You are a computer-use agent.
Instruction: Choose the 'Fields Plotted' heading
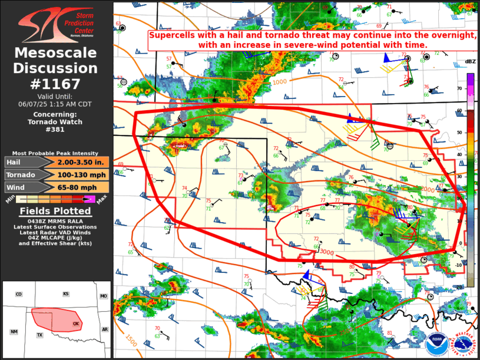coord(56,211)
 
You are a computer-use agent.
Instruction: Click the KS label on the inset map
coord(67,293)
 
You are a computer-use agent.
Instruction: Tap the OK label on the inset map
coord(75,323)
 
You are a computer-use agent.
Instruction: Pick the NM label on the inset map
coord(14,332)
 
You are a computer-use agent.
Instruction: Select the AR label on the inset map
coord(105,329)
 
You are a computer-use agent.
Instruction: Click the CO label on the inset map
coord(18,294)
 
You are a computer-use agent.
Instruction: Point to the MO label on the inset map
coord(104,296)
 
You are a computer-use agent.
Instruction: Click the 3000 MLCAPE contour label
coord(326,252)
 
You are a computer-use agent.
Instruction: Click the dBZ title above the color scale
coord(470,62)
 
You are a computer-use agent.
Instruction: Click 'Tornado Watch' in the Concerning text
coord(56,122)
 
